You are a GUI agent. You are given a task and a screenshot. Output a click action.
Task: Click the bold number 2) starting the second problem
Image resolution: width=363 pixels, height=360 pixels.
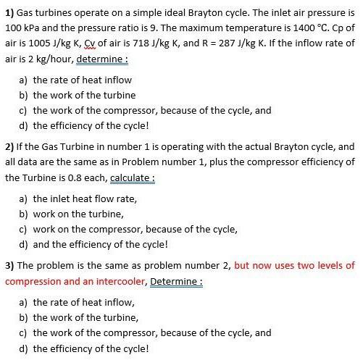9,146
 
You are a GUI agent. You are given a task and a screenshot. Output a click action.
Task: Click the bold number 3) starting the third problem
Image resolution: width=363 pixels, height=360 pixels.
9,265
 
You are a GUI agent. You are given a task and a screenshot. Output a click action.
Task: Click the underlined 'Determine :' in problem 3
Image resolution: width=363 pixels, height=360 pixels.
176,281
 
